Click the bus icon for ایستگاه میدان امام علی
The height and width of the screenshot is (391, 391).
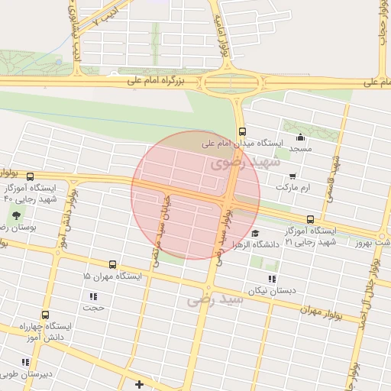242,131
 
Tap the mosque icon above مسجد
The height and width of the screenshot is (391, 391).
300,138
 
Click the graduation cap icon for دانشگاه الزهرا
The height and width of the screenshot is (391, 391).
255,234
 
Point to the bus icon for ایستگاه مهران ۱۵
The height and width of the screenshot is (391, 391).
113,264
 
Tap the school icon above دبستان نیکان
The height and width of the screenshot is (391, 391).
272,280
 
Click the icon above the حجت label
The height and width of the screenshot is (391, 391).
93,296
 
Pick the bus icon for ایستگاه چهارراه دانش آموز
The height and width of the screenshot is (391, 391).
45,315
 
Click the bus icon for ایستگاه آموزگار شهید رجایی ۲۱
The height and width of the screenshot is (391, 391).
309,219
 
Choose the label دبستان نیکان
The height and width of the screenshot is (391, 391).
270,291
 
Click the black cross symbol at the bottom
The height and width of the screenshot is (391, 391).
138,384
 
